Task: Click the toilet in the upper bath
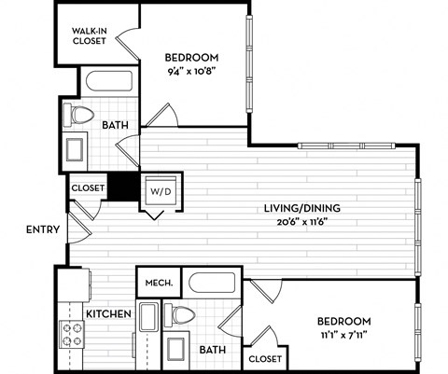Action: coord(81,116)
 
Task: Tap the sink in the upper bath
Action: coord(77,150)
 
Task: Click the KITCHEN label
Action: coord(108,314)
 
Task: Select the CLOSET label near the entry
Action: coord(87,187)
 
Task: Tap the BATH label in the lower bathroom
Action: coord(213,349)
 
